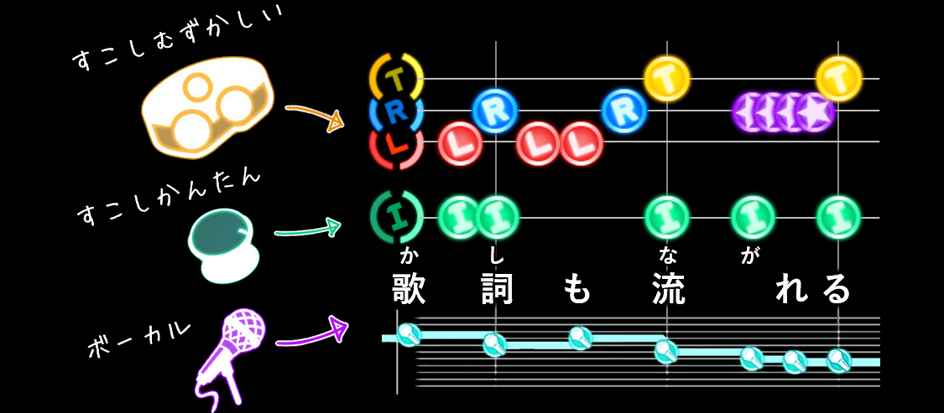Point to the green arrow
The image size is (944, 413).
point(307,229)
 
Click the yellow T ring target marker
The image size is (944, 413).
point(396,79)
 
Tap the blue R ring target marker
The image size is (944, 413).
point(396,110)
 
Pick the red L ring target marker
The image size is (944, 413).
point(396,143)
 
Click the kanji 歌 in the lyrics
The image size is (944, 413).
point(409,289)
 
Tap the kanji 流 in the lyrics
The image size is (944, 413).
point(668,289)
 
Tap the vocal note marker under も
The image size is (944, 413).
point(580,338)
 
